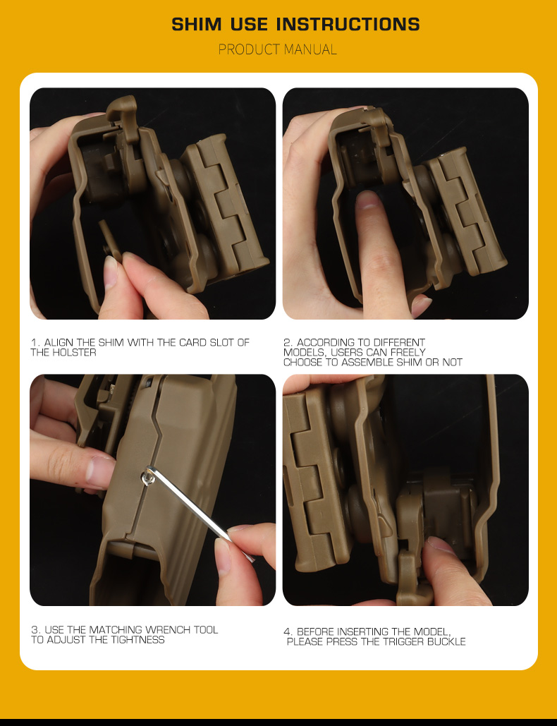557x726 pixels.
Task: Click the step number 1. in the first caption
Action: click(36, 343)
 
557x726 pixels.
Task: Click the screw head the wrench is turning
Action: click(148, 476)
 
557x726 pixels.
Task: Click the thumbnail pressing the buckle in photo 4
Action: click(438, 545)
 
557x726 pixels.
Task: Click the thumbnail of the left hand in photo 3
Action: click(99, 471)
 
